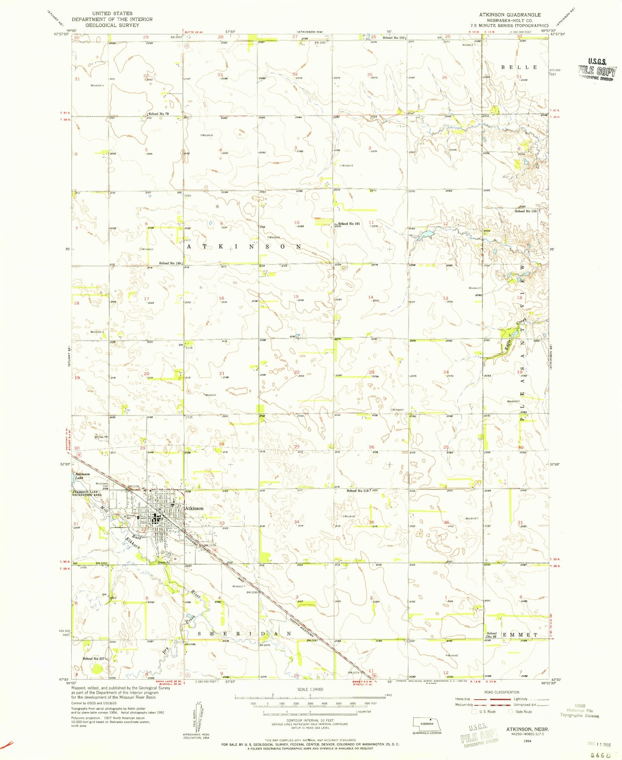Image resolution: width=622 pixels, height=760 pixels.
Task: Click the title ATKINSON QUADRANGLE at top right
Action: (509, 15)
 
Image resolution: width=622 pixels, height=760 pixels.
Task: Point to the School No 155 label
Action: (525, 211)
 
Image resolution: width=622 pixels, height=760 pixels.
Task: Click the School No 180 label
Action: (169, 263)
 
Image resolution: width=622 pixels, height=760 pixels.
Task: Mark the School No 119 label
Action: (357, 491)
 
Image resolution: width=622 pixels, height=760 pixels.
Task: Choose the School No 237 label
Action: (94, 659)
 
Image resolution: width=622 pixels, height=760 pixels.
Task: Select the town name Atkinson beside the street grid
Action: (194, 508)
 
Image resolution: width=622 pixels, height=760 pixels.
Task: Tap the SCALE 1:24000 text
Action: (310, 689)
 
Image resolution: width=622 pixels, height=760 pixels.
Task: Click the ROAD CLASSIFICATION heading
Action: (501, 692)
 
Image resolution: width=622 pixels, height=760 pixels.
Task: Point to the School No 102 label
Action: (393, 38)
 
